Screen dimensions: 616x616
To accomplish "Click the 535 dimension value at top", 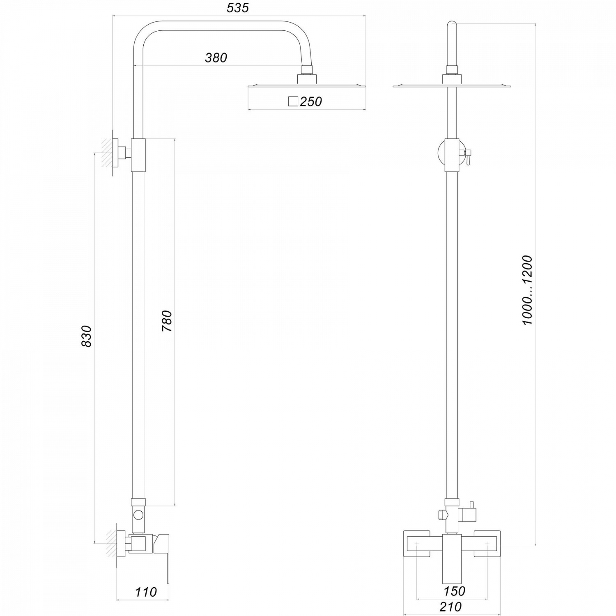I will (x=238, y=8).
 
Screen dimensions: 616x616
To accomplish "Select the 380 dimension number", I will (x=216, y=58).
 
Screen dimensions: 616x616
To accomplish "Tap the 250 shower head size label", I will (x=311, y=101).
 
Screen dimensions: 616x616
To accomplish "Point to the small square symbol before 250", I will (x=293, y=101).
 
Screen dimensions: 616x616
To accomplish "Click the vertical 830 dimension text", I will (x=87, y=336).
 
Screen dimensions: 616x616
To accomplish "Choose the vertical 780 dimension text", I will (x=167, y=322).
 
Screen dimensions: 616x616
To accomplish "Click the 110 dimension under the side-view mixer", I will (x=146, y=592).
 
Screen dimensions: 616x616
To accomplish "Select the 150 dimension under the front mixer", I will (x=454, y=591).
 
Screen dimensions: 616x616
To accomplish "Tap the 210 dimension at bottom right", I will (x=451, y=607).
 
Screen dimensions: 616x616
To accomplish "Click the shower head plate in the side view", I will (x=307, y=85).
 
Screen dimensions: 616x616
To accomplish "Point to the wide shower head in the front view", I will (x=452, y=86).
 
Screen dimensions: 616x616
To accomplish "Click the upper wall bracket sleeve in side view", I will (x=138, y=155).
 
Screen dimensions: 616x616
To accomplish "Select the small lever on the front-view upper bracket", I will (x=467, y=156).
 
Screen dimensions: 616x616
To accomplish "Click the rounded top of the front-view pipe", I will (x=452, y=25).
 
